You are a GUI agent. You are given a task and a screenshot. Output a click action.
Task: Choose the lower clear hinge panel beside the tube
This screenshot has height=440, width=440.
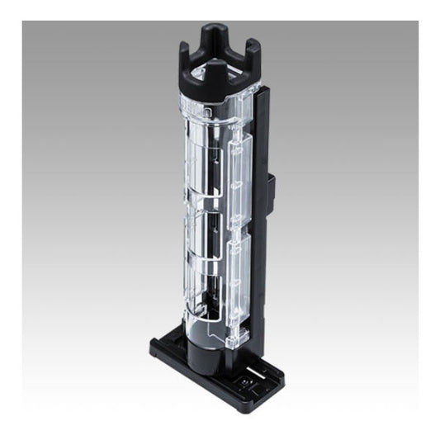(239, 272)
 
